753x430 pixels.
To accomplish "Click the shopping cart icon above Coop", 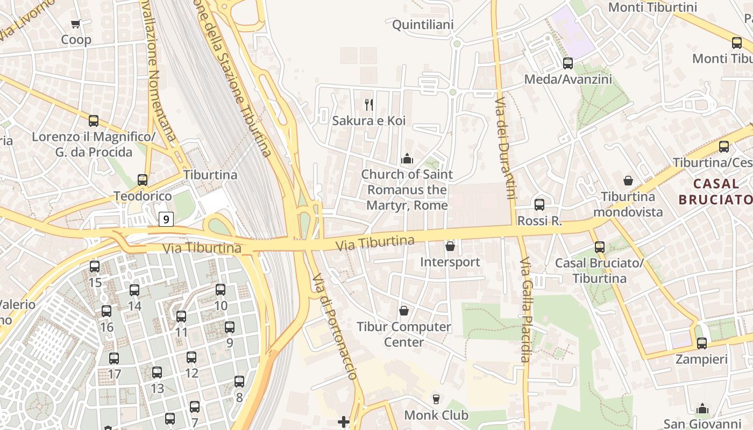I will [75, 24].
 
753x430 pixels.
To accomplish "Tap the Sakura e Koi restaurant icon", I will [368, 104].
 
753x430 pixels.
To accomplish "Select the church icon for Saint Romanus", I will [407, 159].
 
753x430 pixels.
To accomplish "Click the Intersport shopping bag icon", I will [450, 246].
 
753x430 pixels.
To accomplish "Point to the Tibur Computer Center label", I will [404, 334].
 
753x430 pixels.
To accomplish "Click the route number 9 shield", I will [166, 219].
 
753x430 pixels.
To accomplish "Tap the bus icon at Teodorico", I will [143, 180].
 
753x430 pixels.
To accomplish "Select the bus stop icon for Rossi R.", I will [539, 205].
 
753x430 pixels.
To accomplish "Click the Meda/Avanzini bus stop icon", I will [568, 63].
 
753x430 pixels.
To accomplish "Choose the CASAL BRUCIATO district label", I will [715, 191].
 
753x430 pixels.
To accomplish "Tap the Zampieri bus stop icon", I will [702, 343].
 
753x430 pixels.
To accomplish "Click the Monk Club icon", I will [436, 399].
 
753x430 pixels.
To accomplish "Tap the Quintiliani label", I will [423, 25].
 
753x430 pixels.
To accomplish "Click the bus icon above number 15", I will [95, 267].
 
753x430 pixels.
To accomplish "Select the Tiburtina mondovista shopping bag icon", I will [628, 181].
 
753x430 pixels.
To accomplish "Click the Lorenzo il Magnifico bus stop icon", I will [94, 121].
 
